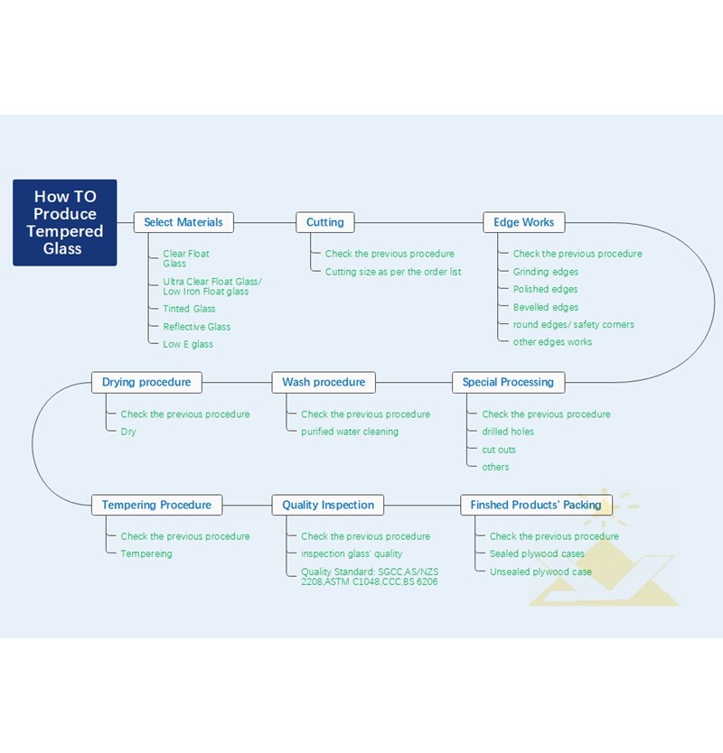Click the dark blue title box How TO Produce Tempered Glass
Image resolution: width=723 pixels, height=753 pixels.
coord(65,222)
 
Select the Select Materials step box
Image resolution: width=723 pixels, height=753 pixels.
coord(183,222)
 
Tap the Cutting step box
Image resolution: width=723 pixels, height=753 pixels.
coord(325,222)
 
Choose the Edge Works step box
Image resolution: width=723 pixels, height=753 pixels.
coord(523,222)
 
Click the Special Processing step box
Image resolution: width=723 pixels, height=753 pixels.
coord(508,382)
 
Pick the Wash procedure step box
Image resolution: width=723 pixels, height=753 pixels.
coord(324,382)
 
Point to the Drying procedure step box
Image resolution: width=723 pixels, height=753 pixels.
coord(146,382)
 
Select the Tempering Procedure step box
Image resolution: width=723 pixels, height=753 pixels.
coord(156,505)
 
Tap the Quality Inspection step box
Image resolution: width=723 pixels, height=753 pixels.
coord(328,505)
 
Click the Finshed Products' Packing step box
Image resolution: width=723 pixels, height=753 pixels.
coord(536,505)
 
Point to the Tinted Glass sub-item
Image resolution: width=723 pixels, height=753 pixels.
coord(189,309)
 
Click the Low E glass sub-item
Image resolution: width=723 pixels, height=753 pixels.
coord(188,344)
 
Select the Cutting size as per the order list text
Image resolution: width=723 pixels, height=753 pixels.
coord(393,272)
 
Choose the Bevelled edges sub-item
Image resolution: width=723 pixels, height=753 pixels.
coord(546,307)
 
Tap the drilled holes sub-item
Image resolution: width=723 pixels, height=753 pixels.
coord(508,432)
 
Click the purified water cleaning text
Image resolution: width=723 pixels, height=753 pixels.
coord(350,432)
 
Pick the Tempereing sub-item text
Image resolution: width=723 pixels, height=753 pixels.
coord(146,553)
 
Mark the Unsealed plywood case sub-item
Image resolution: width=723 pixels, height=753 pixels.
coord(540,572)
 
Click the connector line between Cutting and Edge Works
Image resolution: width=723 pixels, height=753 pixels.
coord(418,222)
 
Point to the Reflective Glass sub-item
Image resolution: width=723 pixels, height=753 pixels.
coord(197,327)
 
